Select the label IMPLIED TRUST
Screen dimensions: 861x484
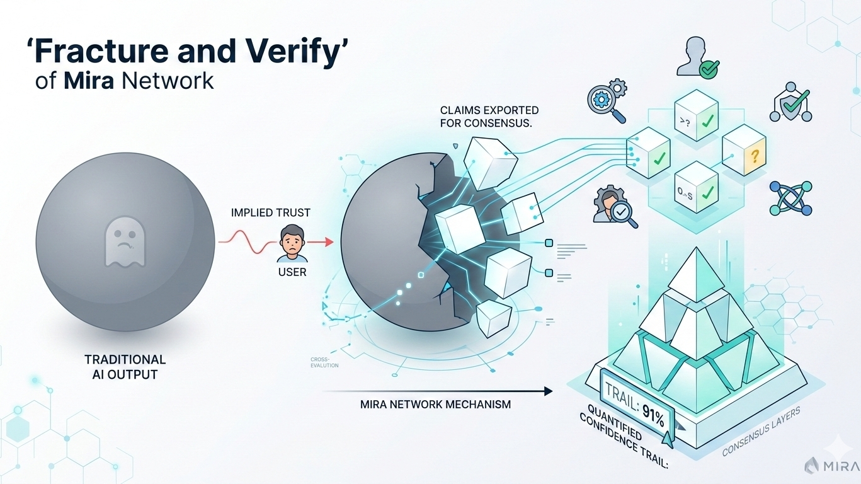tap(271, 213)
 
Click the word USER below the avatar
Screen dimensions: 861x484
tap(292, 273)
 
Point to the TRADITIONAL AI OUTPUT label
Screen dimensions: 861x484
tap(125, 367)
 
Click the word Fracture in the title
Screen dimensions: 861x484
tap(94, 52)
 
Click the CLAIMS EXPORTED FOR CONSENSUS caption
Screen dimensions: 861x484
tap(486, 117)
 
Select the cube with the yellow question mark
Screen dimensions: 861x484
tap(743, 149)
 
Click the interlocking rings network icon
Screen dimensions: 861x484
tap(790, 199)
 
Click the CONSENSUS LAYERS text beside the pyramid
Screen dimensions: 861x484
tap(761, 432)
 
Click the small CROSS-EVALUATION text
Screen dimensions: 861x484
tap(324, 362)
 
